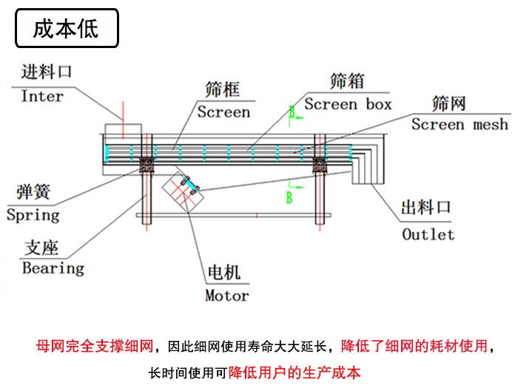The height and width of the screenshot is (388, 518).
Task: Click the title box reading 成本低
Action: (x=67, y=28)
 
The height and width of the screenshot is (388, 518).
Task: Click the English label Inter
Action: (x=42, y=96)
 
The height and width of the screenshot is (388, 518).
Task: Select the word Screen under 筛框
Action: (x=223, y=112)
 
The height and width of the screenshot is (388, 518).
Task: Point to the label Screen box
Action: (x=348, y=104)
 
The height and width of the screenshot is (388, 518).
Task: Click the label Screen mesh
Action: (x=460, y=124)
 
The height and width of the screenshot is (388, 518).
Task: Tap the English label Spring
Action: (x=33, y=216)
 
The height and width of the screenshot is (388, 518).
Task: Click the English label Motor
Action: (x=226, y=296)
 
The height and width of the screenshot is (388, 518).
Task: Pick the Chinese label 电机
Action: (x=223, y=273)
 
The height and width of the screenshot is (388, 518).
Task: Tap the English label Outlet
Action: (x=428, y=235)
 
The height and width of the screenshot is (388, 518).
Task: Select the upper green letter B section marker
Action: (x=292, y=112)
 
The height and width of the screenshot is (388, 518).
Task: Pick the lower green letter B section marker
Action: (x=289, y=197)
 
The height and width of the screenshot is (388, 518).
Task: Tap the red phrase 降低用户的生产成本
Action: (x=295, y=372)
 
